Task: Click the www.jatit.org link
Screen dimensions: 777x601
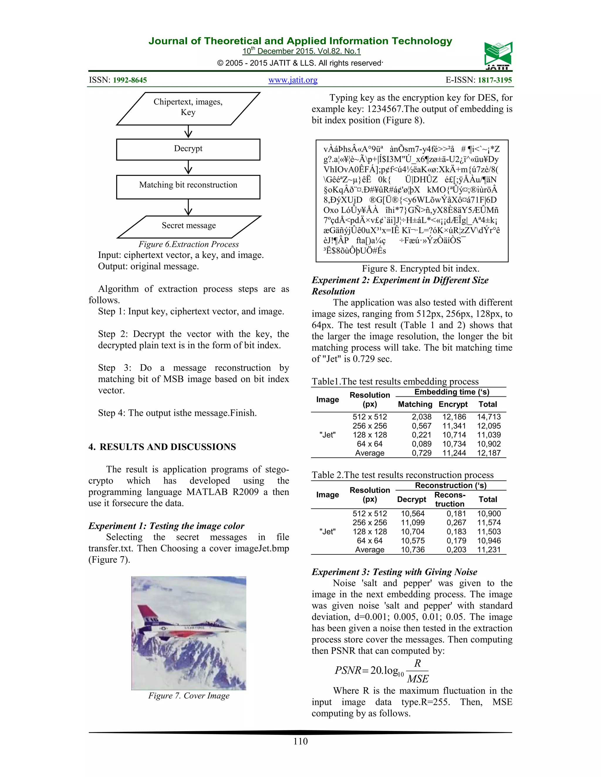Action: [x=293, y=80]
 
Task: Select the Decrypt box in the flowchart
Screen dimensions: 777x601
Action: [x=188, y=149]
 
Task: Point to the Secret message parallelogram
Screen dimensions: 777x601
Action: [x=189, y=226]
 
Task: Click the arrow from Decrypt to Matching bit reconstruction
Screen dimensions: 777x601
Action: [x=188, y=167]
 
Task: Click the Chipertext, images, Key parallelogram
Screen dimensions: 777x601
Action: [x=188, y=108]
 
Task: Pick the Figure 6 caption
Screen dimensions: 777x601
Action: [x=188, y=245]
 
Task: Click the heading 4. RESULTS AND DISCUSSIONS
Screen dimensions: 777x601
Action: [x=162, y=447]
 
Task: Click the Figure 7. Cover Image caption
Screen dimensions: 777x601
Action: [x=189, y=696]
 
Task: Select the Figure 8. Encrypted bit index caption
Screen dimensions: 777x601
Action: [x=420, y=269]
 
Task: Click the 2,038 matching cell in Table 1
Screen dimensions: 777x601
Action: [x=422, y=417]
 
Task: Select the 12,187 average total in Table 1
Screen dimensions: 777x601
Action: [x=489, y=453]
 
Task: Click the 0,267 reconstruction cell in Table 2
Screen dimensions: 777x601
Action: [x=456, y=522]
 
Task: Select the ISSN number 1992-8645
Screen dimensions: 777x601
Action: [x=130, y=80]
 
